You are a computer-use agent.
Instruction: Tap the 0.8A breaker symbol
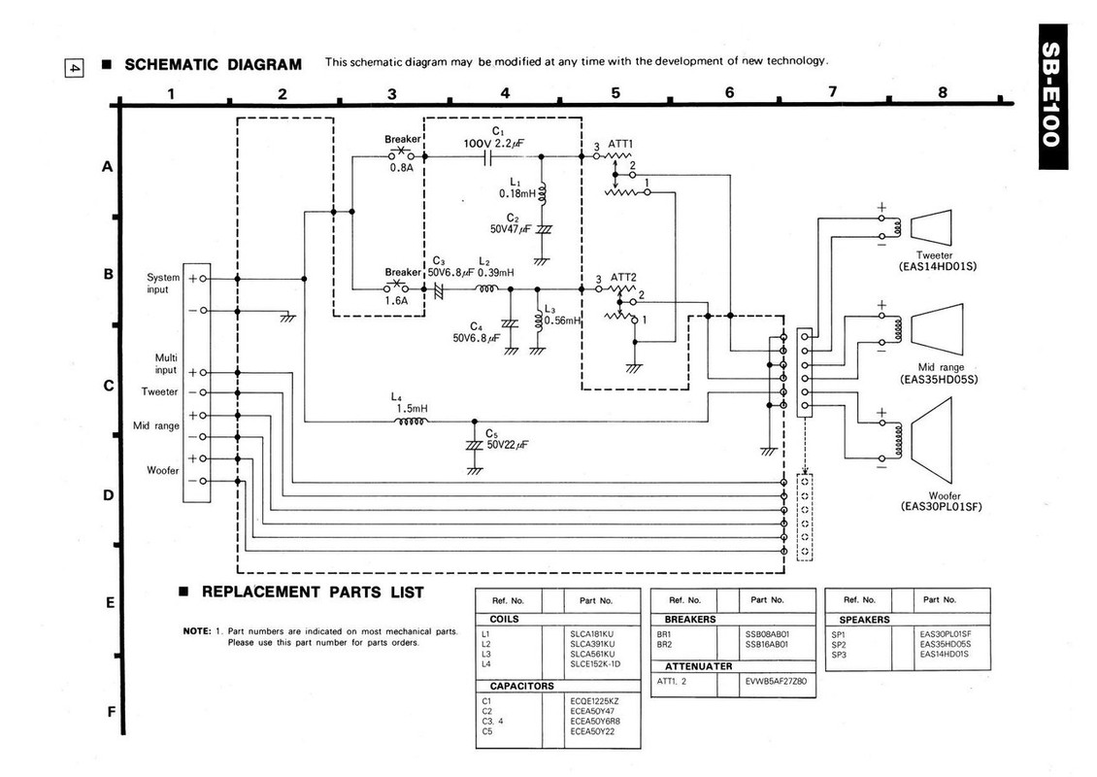402,154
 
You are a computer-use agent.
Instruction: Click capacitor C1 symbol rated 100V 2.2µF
487,156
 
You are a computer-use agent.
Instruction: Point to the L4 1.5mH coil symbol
412,422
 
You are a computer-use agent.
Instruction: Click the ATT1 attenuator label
620,144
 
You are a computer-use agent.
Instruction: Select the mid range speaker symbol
937,328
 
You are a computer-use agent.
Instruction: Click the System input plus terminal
203,279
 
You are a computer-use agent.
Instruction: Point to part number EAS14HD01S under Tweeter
938,267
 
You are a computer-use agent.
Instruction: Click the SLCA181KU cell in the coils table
592,634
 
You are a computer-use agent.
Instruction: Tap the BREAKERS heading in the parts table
690,620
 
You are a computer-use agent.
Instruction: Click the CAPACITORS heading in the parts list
522,686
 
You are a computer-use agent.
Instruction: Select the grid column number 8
943,91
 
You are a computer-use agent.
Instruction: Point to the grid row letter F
111,712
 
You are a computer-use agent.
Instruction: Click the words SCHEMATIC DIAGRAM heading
213,64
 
